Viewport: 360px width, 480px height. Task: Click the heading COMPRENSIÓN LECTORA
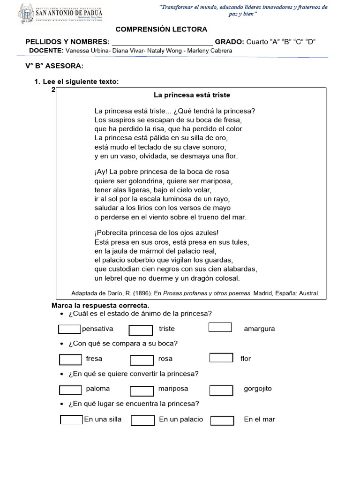coord(161,29)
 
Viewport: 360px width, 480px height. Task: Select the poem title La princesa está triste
coord(192,95)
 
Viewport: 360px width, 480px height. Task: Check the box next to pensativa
coord(69,329)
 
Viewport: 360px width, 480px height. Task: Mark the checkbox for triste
coord(141,330)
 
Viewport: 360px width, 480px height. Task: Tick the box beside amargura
coord(220,327)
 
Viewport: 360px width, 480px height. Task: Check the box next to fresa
coord(71,360)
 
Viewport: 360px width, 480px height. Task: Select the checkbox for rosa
coord(142,360)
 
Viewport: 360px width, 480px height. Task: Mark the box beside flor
coord(221,358)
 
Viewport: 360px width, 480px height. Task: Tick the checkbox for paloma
coord(71,390)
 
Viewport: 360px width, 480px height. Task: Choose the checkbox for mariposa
coord(142,390)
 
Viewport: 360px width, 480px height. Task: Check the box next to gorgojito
coord(221,390)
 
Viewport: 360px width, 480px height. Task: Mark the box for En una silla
coord(72,420)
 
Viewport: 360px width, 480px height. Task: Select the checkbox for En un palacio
coord(143,420)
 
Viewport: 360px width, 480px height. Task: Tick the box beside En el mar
coord(222,420)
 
